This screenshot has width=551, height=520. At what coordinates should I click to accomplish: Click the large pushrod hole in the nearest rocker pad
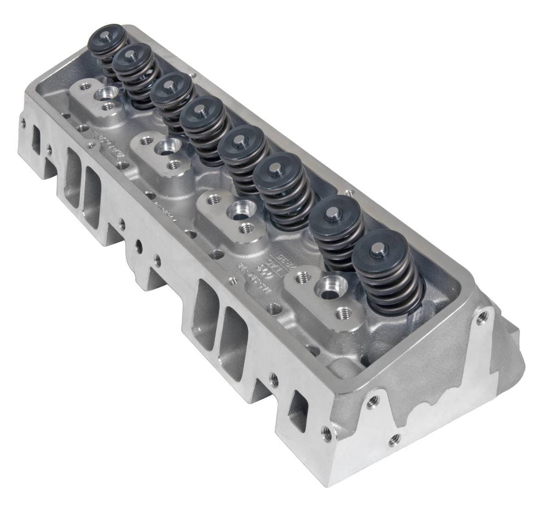coord(328,285)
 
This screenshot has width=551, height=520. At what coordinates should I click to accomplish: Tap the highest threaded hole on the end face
coord(482,317)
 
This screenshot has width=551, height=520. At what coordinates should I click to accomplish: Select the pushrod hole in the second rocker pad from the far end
coord(164,148)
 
